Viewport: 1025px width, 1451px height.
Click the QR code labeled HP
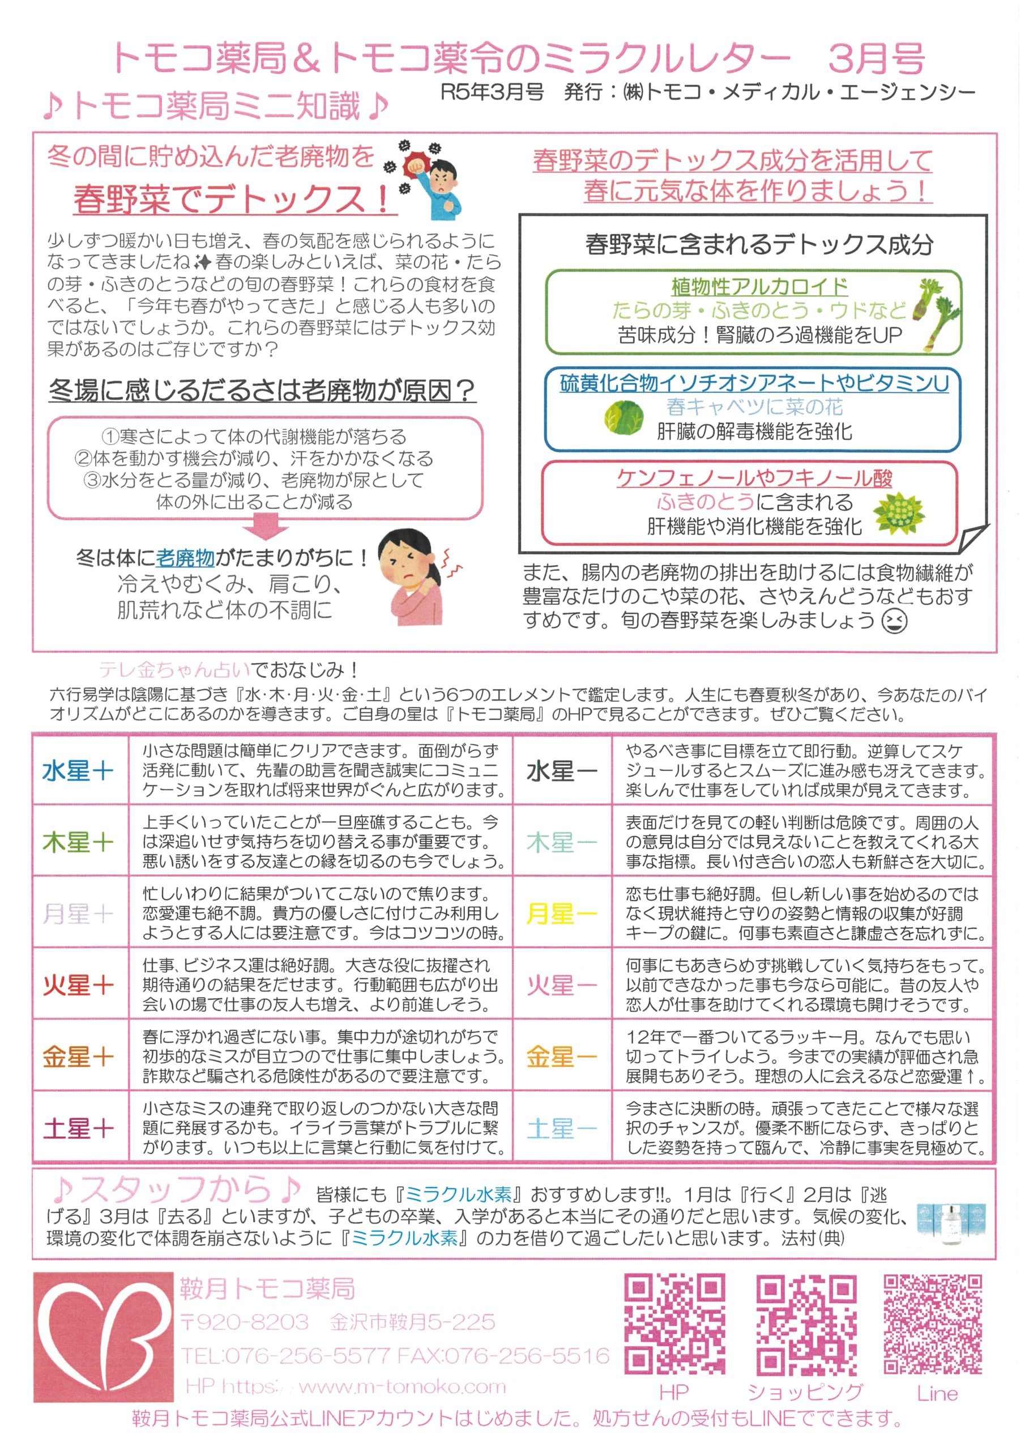point(674,1325)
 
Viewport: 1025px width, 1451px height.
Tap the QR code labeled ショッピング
point(806,1325)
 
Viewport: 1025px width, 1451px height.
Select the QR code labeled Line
point(933,1324)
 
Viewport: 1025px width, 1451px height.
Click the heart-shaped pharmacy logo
point(103,1335)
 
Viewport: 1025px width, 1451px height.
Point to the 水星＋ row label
point(78,771)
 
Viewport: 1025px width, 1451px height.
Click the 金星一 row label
point(561,1056)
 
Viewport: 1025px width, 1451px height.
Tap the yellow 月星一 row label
point(561,914)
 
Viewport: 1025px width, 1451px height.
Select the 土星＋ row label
point(78,1128)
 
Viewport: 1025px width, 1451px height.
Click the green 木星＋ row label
point(78,842)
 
